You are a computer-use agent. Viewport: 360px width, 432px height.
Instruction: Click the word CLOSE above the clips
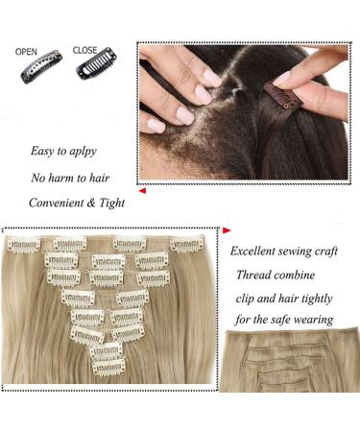(x=84, y=50)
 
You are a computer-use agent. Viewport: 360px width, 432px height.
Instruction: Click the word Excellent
(x=256, y=252)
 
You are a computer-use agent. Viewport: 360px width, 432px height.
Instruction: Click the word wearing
(x=312, y=319)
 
